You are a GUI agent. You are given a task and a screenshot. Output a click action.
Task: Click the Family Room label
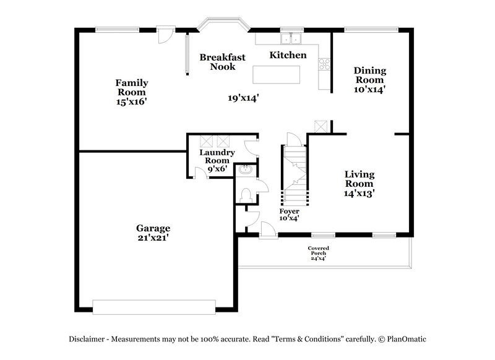click(x=132, y=87)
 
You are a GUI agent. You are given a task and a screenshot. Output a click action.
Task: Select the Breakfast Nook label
click(x=222, y=62)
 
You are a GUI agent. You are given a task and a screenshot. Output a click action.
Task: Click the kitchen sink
click(x=290, y=39)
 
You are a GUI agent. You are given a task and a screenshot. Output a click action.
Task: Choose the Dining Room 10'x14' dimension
click(x=369, y=89)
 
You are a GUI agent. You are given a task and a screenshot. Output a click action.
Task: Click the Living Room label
click(x=359, y=179)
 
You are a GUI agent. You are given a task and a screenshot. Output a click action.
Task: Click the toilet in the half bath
click(x=246, y=195)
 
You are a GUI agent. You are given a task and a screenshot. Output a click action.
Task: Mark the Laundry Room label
click(x=217, y=156)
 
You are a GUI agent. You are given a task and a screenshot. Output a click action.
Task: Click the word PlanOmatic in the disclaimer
click(x=407, y=339)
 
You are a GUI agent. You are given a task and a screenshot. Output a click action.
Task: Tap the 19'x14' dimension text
click(x=243, y=97)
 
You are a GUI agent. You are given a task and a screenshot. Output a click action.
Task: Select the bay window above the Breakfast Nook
click(x=223, y=26)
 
